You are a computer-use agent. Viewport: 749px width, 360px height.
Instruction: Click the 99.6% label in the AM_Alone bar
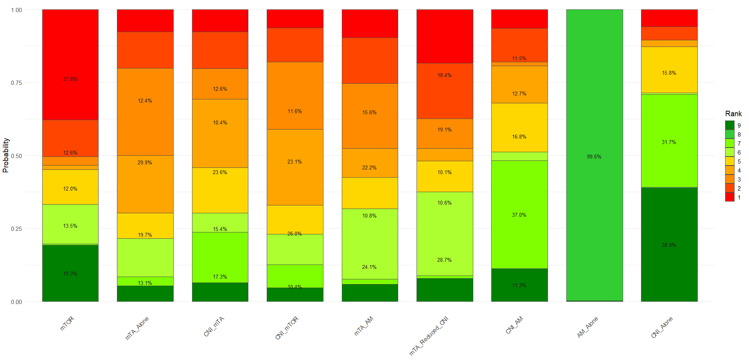click(x=594, y=157)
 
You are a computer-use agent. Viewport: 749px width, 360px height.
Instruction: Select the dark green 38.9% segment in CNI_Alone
click(x=669, y=245)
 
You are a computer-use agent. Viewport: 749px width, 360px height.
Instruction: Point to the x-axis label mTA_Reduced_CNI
click(x=429, y=336)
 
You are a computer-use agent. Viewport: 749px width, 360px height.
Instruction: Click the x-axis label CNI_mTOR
click(x=287, y=328)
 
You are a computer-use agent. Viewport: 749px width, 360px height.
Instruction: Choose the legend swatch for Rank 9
click(x=730, y=125)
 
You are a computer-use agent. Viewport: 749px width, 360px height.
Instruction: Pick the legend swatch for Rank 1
click(x=730, y=198)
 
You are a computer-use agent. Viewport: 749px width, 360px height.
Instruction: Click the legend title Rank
click(x=733, y=113)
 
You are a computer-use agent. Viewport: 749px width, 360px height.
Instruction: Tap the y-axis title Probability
click(x=5, y=155)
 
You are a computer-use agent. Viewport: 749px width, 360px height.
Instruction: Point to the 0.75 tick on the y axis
click(x=16, y=83)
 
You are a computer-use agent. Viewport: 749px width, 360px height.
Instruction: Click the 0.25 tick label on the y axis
click(x=16, y=229)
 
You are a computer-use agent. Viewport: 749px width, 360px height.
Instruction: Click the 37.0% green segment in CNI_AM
click(x=519, y=214)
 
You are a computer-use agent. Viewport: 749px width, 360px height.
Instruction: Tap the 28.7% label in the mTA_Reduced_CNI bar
click(x=445, y=260)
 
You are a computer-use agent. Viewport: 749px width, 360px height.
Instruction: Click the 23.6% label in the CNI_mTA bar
click(x=220, y=172)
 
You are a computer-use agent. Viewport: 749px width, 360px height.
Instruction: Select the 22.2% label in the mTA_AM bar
click(x=369, y=167)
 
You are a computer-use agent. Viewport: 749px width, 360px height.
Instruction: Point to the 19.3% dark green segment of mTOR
click(x=70, y=273)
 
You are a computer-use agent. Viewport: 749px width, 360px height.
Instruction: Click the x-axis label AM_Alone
click(x=587, y=327)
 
